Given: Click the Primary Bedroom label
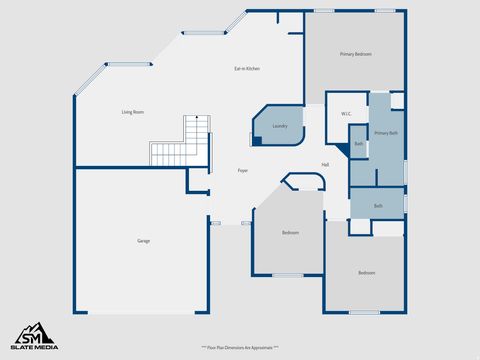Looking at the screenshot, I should point(355,54).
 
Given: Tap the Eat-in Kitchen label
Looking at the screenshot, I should point(247,68).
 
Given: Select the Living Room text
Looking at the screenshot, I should point(133,112).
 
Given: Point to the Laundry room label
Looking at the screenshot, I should point(280,126).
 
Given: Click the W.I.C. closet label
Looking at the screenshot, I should point(346,113).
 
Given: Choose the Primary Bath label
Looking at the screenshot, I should point(386,133).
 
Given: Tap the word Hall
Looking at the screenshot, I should point(326,165).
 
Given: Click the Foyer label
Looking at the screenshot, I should point(243,171).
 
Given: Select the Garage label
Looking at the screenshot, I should point(144,241).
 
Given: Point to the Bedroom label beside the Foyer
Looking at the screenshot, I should point(290,233).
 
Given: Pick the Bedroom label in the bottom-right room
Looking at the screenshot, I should point(367,272).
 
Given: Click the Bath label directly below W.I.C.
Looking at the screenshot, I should point(359,145).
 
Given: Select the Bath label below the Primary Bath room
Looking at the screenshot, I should point(378,206).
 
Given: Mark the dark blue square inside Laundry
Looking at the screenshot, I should point(257,140).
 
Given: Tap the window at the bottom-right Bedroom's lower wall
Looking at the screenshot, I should point(364,312).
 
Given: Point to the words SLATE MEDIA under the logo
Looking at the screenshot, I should point(34,347).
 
